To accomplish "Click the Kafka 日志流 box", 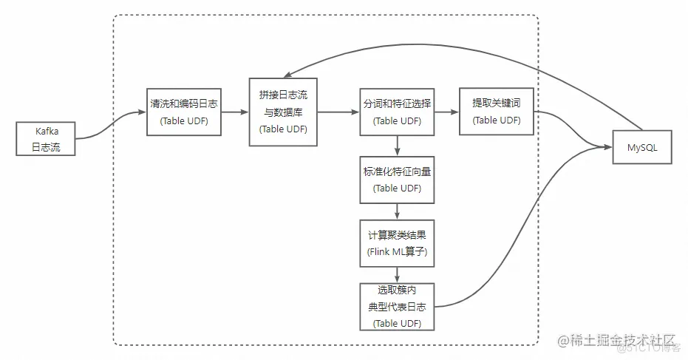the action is pyautogui.click(x=46, y=139).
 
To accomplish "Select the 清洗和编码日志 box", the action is pyautogui.click(x=184, y=112).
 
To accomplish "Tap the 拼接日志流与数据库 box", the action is pyautogui.click(x=283, y=112).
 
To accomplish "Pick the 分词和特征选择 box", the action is pyautogui.click(x=397, y=112).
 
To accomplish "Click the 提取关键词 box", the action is pyautogui.click(x=497, y=111).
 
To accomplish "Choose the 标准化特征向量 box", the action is pyautogui.click(x=397, y=180).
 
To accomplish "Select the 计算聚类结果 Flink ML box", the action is pyautogui.click(x=397, y=243).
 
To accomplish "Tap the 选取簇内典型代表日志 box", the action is pyautogui.click(x=397, y=307).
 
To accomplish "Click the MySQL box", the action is pyautogui.click(x=642, y=147).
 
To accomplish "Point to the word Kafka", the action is pyautogui.click(x=47, y=132).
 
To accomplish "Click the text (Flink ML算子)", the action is pyautogui.click(x=397, y=252).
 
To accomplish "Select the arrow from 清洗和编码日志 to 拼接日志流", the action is pyautogui.click(x=235, y=112).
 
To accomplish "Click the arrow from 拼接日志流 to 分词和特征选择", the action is pyautogui.click(x=338, y=112).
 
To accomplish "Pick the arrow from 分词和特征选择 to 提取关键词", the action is pyautogui.click(x=446, y=112).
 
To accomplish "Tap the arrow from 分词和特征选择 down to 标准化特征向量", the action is pyautogui.click(x=397, y=146).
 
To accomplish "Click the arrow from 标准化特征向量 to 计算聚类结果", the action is pyautogui.click(x=397, y=211).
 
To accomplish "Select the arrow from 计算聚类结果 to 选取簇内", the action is pyautogui.click(x=397, y=275).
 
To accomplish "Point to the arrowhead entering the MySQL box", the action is pyautogui.click(x=608, y=147).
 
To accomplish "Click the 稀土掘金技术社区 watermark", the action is pyautogui.click(x=616, y=340).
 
